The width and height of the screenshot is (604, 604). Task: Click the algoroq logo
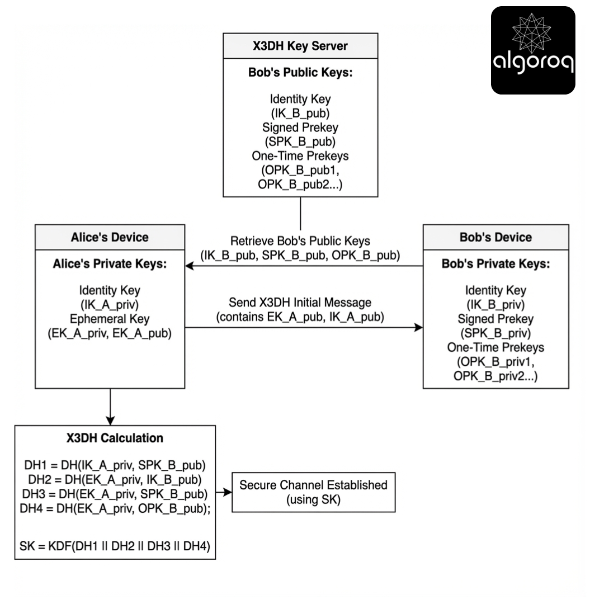click(533, 50)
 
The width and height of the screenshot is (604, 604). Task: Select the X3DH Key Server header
click(300, 46)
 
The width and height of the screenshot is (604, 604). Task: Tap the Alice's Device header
click(110, 237)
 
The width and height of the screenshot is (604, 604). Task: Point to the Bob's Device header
click(496, 237)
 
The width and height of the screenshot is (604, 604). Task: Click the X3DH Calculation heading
click(114, 438)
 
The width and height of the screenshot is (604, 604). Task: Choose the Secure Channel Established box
click(313, 492)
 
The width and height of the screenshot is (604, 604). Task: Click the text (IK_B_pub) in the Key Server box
click(300, 114)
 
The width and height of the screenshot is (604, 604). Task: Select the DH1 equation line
click(115, 465)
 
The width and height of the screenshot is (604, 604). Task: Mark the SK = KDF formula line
click(115, 548)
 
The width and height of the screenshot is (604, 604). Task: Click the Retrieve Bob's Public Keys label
click(300, 242)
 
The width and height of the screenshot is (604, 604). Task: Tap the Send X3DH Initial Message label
click(300, 303)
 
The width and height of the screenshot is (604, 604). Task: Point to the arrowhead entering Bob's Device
click(419, 328)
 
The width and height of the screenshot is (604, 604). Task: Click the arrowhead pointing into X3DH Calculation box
click(110, 421)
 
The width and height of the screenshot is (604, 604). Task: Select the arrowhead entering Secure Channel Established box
click(228, 492)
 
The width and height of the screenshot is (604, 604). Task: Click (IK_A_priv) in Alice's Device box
click(110, 305)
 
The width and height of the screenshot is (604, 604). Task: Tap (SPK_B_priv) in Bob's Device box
click(496, 333)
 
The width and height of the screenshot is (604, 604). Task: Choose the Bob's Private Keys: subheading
click(496, 264)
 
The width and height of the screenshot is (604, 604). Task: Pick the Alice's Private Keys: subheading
click(110, 264)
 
